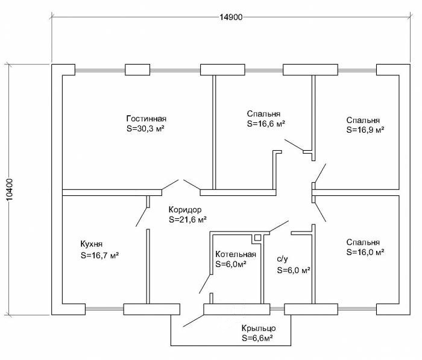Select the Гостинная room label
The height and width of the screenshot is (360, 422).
146,118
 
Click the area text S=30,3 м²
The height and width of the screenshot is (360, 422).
146,128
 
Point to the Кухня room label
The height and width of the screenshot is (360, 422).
92,244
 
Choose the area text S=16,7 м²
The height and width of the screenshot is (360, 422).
99,255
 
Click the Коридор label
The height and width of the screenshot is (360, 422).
184,209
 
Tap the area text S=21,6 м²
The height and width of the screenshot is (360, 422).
188,219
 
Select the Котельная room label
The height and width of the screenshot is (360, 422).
236,254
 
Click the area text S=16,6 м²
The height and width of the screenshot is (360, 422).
266,124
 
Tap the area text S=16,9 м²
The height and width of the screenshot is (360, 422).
365,129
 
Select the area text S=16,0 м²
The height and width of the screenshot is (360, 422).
365,253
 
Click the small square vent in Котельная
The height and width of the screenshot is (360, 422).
257,238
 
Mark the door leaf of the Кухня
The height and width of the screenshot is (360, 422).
142,217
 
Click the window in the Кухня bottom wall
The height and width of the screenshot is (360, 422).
104,309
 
